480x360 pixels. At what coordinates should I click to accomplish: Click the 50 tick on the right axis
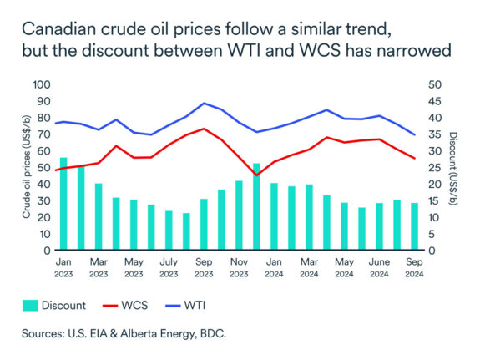(x=433, y=85)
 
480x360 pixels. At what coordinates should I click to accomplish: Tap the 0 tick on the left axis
(x=46, y=251)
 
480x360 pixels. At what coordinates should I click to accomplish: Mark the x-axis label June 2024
(x=379, y=267)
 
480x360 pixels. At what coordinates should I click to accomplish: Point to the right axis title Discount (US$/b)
(x=454, y=168)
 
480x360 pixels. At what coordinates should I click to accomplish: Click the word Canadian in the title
(x=63, y=30)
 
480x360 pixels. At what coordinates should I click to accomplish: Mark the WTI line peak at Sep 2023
(x=205, y=104)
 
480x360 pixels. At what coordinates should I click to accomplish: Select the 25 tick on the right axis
(x=433, y=168)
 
